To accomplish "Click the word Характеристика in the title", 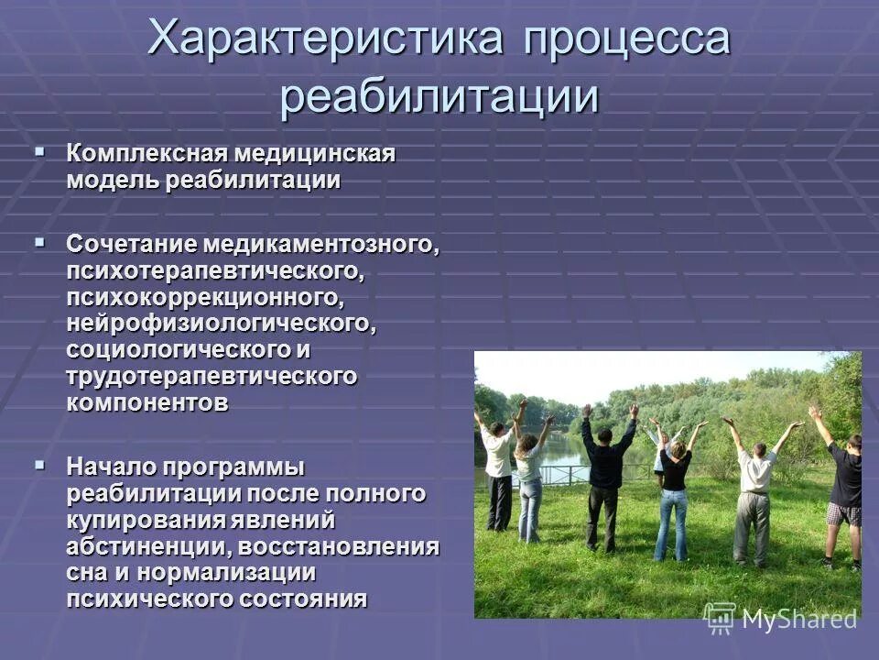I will click(x=326, y=40).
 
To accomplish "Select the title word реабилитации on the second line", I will click(x=439, y=95).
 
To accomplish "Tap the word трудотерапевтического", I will click(x=211, y=377).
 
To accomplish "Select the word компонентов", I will click(x=146, y=403).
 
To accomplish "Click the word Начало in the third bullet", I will click(x=110, y=467).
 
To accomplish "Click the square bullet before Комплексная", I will click(x=39, y=148).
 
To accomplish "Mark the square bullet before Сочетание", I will click(x=39, y=241).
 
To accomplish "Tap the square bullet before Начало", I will click(x=39, y=463).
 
